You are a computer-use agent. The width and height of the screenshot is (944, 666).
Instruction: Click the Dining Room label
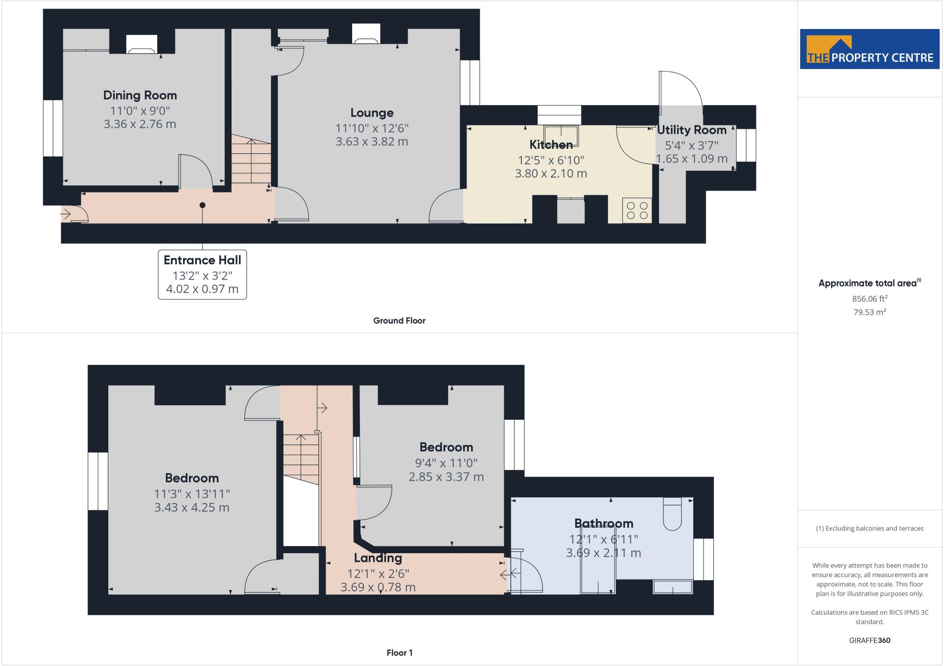pos(140,95)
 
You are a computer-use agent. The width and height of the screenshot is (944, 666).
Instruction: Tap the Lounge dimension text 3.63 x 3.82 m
pos(372,141)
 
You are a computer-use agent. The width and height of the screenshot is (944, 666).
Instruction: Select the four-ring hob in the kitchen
pos(637,210)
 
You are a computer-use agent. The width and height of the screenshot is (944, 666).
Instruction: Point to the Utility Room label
pos(691,130)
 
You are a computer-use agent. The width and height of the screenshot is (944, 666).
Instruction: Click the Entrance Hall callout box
pos(202,275)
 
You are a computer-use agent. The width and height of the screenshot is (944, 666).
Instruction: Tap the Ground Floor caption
pos(399,321)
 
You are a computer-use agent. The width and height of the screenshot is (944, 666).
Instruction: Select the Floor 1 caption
pos(399,653)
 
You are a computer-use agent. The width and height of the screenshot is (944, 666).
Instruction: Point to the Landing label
pos(378,558)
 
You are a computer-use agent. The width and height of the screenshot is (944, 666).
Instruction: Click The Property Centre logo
pos(869,49)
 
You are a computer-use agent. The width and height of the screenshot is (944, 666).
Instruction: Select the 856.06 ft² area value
pos(869,298)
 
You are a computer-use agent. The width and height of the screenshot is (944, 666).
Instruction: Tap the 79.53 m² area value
pos(869,312)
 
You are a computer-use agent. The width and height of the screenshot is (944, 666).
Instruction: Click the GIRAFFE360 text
pos(869,640)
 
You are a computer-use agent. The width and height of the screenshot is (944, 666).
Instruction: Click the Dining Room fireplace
pos(142,45)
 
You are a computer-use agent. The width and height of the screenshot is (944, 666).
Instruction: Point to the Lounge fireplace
pos(366,35)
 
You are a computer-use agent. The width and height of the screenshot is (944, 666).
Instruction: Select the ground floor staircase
pos(251,159)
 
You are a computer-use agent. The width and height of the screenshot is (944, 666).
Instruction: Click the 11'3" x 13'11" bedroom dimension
pos(192,494)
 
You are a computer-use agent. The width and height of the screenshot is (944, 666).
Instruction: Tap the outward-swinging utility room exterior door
pos(680,92)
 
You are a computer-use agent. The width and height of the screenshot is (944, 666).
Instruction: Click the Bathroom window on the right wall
pos(703,559)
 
